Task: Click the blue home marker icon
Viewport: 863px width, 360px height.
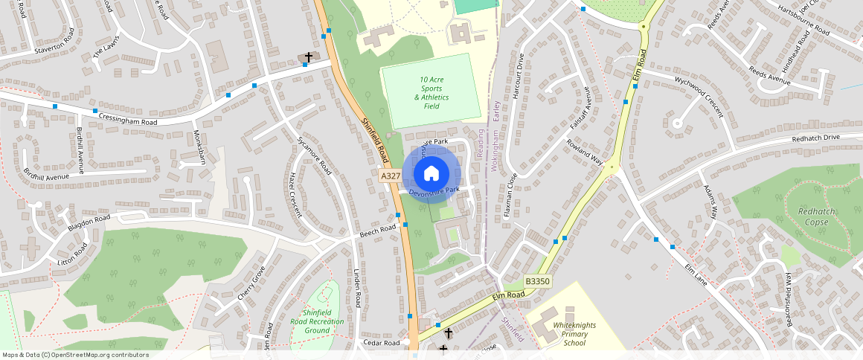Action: [431, 174]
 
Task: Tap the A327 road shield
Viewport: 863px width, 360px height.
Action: [391, 176]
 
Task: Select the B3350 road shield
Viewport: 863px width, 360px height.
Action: [537, 282]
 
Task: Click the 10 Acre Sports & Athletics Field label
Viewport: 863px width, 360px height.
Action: [431, 93]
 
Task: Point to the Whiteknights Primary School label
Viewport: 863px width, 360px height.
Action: [574, 334]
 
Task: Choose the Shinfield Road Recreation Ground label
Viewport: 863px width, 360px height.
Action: [322, 321]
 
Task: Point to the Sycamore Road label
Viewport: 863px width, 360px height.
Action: [314, 155]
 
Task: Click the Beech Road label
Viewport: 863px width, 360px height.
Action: [378, 232]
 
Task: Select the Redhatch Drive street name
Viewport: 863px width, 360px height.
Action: [815, 138]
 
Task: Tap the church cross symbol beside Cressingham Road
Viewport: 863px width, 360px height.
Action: [308, 57]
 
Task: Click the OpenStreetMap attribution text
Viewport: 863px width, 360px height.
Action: [75, 355]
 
